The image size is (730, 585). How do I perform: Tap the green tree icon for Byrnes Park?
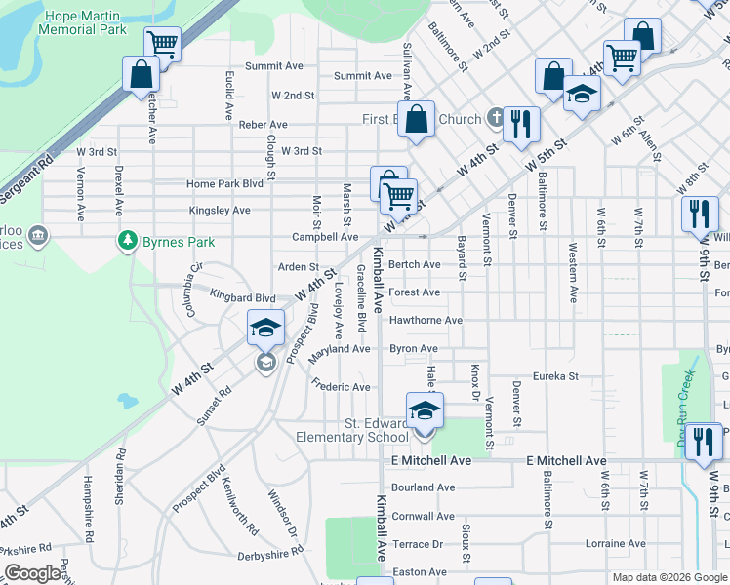pyautogui.click(x=127, y=239)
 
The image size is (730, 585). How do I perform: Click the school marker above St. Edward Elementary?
pyautogui.click(x=425, y=410)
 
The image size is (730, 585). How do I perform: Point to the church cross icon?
pyautogui.click(x=496, y=119)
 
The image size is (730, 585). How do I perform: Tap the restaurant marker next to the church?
pyautogui.click(x=521, y=123)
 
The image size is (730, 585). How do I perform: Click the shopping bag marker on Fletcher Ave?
pyautogui.click(x=142, y=74)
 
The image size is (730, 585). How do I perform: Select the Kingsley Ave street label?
pyautogui.click(x=220, y=211)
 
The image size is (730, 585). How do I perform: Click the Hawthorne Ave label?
pyautogui.click(x=426, y=320)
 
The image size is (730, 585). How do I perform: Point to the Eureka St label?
pyautogui.click(x=555, y=376)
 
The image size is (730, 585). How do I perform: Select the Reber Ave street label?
pyautogui.click(x=264, y=125)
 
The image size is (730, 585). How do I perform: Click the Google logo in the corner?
pyautogui.click(x=32, y=573)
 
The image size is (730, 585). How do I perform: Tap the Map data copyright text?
pyautogui.click(x=669, y=577)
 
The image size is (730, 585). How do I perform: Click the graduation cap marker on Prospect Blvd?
pyautogui.click(x=264, y=330)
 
